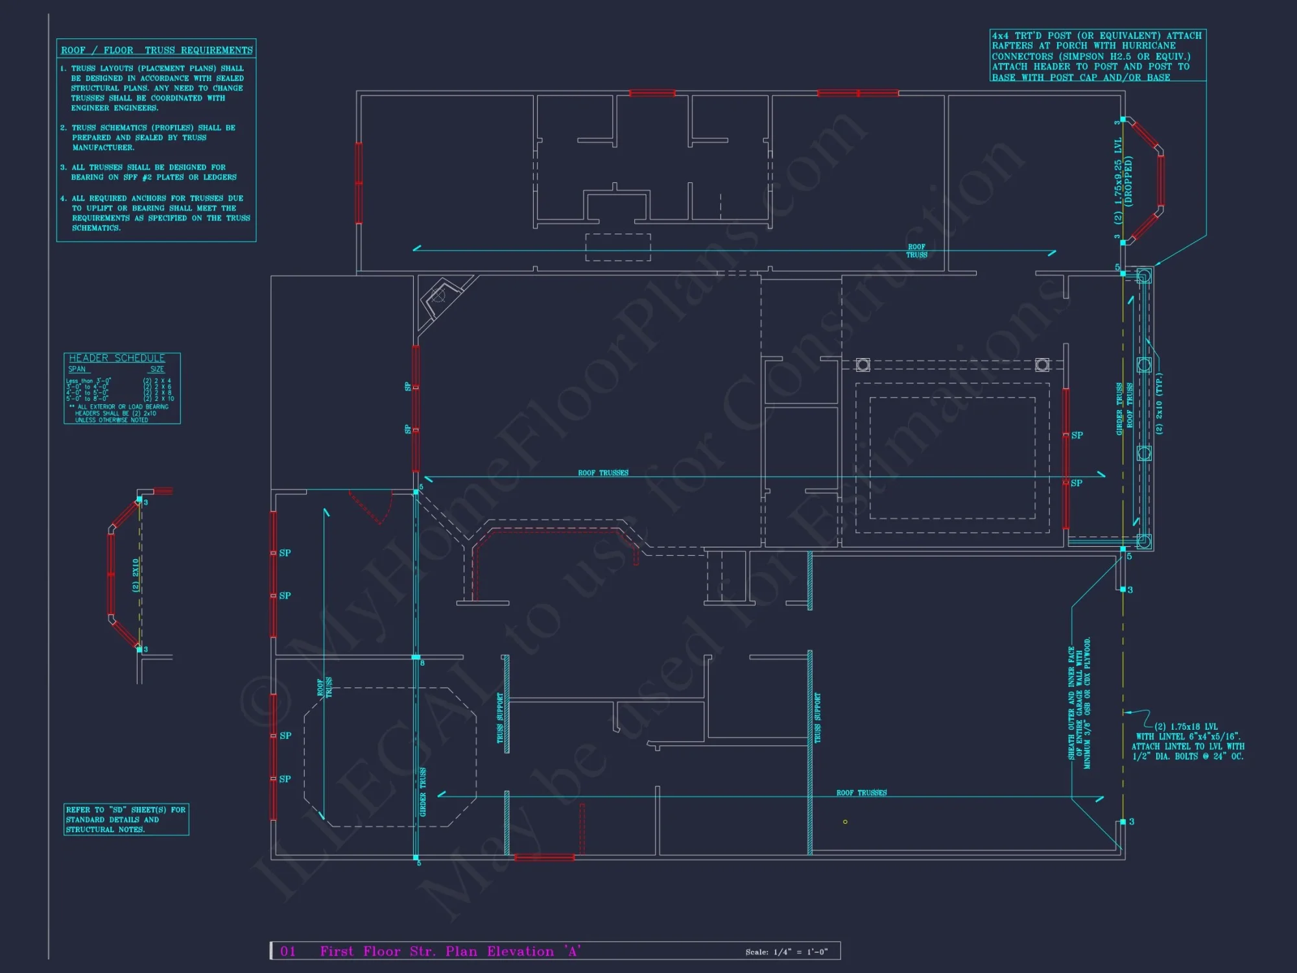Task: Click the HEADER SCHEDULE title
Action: pos(117,358)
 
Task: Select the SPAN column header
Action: pos(77,369)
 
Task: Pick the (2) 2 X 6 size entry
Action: pos(158,387)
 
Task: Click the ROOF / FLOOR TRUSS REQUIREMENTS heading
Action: pos(156,50)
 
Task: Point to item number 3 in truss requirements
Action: pos(64,167)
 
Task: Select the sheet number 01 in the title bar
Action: pos(288,951)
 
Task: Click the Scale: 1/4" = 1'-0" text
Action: pos(786,952)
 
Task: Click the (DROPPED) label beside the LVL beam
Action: pos(1129,181)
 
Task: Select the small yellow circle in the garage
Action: pos(845,822)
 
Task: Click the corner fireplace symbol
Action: pos(439,297)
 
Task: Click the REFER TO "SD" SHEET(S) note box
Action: pos(126,819)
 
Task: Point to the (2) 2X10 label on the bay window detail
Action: pos(136,575)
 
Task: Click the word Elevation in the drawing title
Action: pos(520,951)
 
